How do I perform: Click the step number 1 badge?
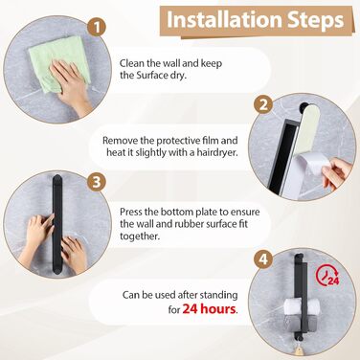(x=97, y=27)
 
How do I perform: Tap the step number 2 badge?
(x=263, y=104)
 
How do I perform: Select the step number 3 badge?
(x=97, y=182)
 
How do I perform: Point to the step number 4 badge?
(x=263, y=259)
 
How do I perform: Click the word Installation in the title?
(x=224, y=20)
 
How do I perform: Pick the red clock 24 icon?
(x=327, y=276)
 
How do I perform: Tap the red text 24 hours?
(x=210, y=309)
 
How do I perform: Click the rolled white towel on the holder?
(x=302, y=306)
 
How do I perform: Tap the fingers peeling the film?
(x=337, y=173)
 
